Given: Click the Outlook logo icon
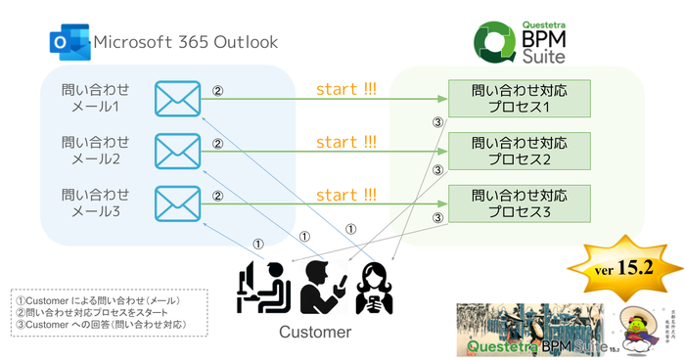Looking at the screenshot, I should coord(68,43).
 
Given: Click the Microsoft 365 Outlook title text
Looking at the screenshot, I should coord(185,43).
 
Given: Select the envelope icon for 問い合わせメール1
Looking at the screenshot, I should coord(177,99).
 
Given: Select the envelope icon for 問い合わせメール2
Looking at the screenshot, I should coord(177,150).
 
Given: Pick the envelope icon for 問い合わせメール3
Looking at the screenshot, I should coord(177,202).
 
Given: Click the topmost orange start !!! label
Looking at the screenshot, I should coord(345,90).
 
